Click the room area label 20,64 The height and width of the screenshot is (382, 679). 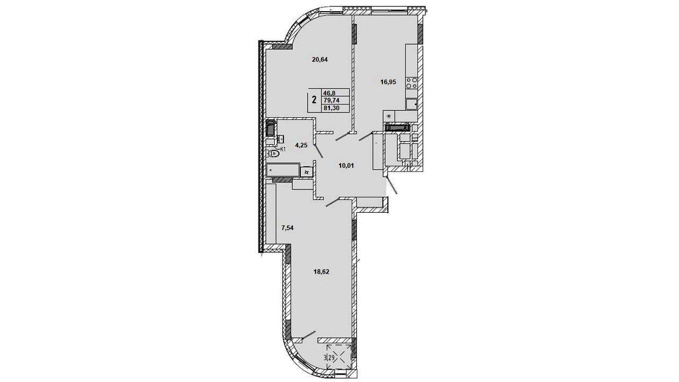[x=320, y=60]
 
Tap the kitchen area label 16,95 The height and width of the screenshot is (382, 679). [x=388, y=82]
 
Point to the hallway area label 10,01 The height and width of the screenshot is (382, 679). [x=346, y=166]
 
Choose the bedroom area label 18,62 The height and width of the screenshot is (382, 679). [x=321, y=272]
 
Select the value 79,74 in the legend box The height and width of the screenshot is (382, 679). [x=332, y=100]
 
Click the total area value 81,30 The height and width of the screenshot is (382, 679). [x=332, y=108]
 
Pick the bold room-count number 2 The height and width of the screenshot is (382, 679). [x=315, y=100]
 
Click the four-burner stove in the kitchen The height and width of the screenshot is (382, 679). [x=412, y=83]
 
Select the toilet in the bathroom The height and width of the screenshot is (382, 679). [x=62, y=154]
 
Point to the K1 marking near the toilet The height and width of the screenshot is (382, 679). [x=71, y=149]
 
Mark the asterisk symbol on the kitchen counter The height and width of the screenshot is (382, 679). [x=389, y=116]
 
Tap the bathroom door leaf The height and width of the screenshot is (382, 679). [x=318, y=151]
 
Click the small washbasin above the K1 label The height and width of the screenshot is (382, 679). [x=69, y=139]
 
